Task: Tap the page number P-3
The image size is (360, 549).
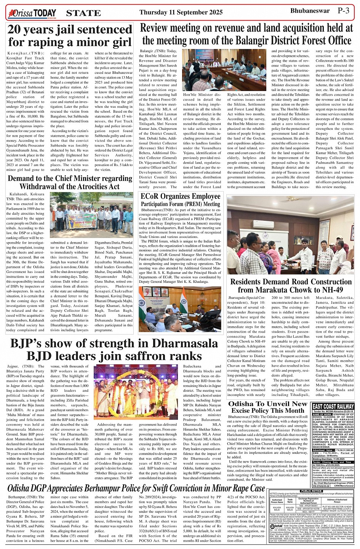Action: [343, 11]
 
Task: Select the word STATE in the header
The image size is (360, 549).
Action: [83, 13]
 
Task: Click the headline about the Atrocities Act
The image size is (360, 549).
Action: [70, 182]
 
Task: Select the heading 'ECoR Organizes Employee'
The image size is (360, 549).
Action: [181, 196]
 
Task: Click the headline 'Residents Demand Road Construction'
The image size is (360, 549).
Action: [291, 282]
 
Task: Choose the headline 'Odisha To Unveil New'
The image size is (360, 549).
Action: [268, 404]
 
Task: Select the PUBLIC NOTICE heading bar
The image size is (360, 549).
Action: [311, 491]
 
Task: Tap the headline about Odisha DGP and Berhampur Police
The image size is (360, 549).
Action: [136, 488]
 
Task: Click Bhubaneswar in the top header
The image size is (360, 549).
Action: [310, 11]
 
